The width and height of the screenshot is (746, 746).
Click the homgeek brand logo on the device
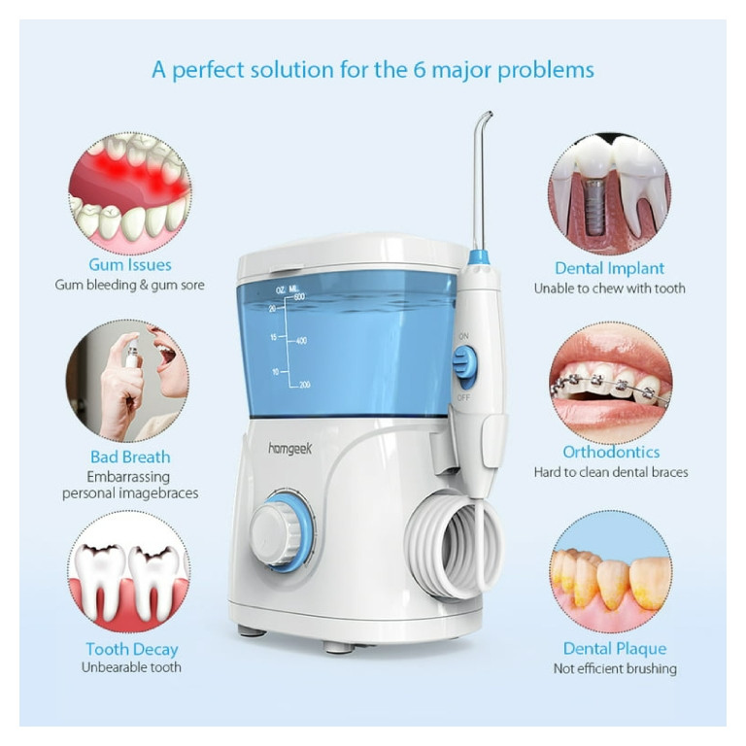tap(289, 449)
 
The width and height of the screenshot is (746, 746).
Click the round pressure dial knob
tap(283, 532)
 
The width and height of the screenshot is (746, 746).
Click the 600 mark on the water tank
tap(299, 297)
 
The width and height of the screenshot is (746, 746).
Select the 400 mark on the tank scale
tap(301, 341)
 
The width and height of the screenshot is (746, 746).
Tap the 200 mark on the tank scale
tap(304, 385)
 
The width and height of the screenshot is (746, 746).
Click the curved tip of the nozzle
tap(486, 117)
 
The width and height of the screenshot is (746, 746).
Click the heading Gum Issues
tap(130, 264)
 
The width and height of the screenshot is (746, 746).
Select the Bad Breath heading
tap(130, 457)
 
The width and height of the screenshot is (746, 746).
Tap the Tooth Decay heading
tap(132, 650)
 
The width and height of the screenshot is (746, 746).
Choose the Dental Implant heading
tap(609, 268)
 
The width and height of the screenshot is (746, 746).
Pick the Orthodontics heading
tap(611, 452)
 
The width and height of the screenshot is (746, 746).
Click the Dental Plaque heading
tap(615, 649)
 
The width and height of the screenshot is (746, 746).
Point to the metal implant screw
tap(593, 206)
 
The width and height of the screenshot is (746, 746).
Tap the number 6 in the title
tap(419, 70)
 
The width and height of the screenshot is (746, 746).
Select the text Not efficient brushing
tap(615, 669)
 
